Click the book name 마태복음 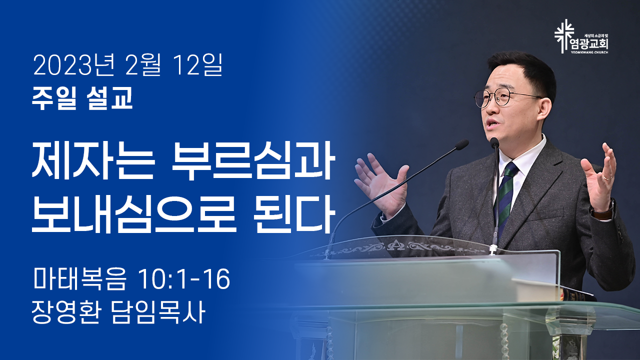pyautogui.click(x=79, y=278)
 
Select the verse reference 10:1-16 pyautogui.click(x=184, y=278)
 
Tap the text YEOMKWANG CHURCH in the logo pyautogui.click(x=589, y=52)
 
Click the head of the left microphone pyautogui.click(x=461, y=145)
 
